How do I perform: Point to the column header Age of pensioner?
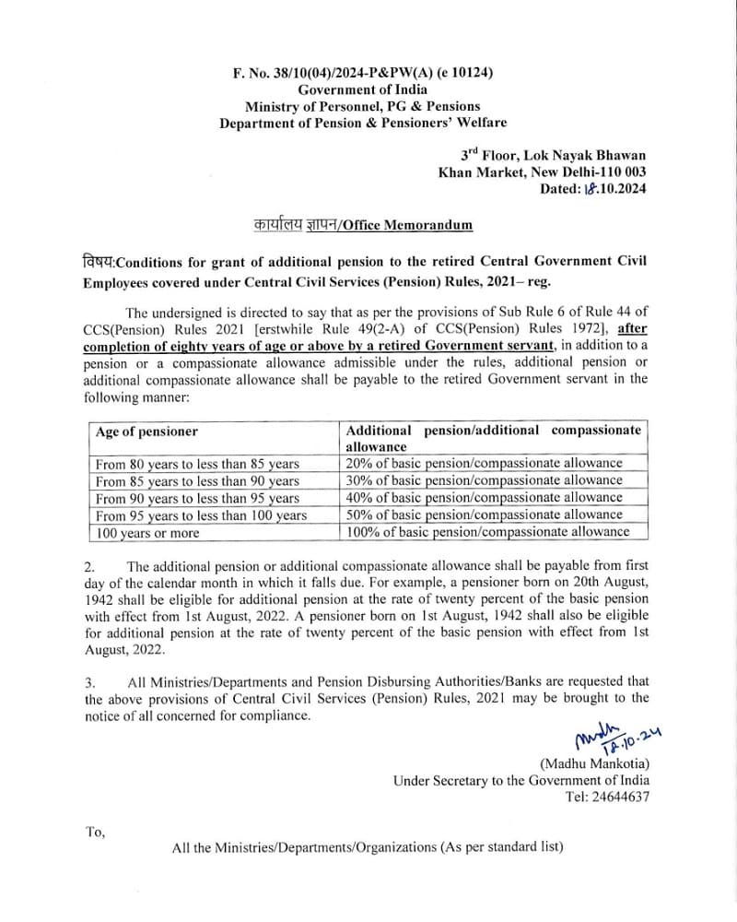point(146,431)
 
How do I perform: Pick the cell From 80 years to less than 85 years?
point(197,464)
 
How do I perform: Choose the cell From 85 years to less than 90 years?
point(197,481)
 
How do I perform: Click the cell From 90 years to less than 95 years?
point(197,498)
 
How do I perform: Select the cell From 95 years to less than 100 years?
point(201,515)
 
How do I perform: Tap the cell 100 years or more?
point(147,533)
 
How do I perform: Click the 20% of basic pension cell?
point(484,463)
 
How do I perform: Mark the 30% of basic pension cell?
point(484,480)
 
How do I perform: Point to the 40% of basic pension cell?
point(484,497)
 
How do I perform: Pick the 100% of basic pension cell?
point(487,531)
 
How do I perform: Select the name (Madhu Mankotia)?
point(594,763)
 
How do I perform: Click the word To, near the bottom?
point(96,832)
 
